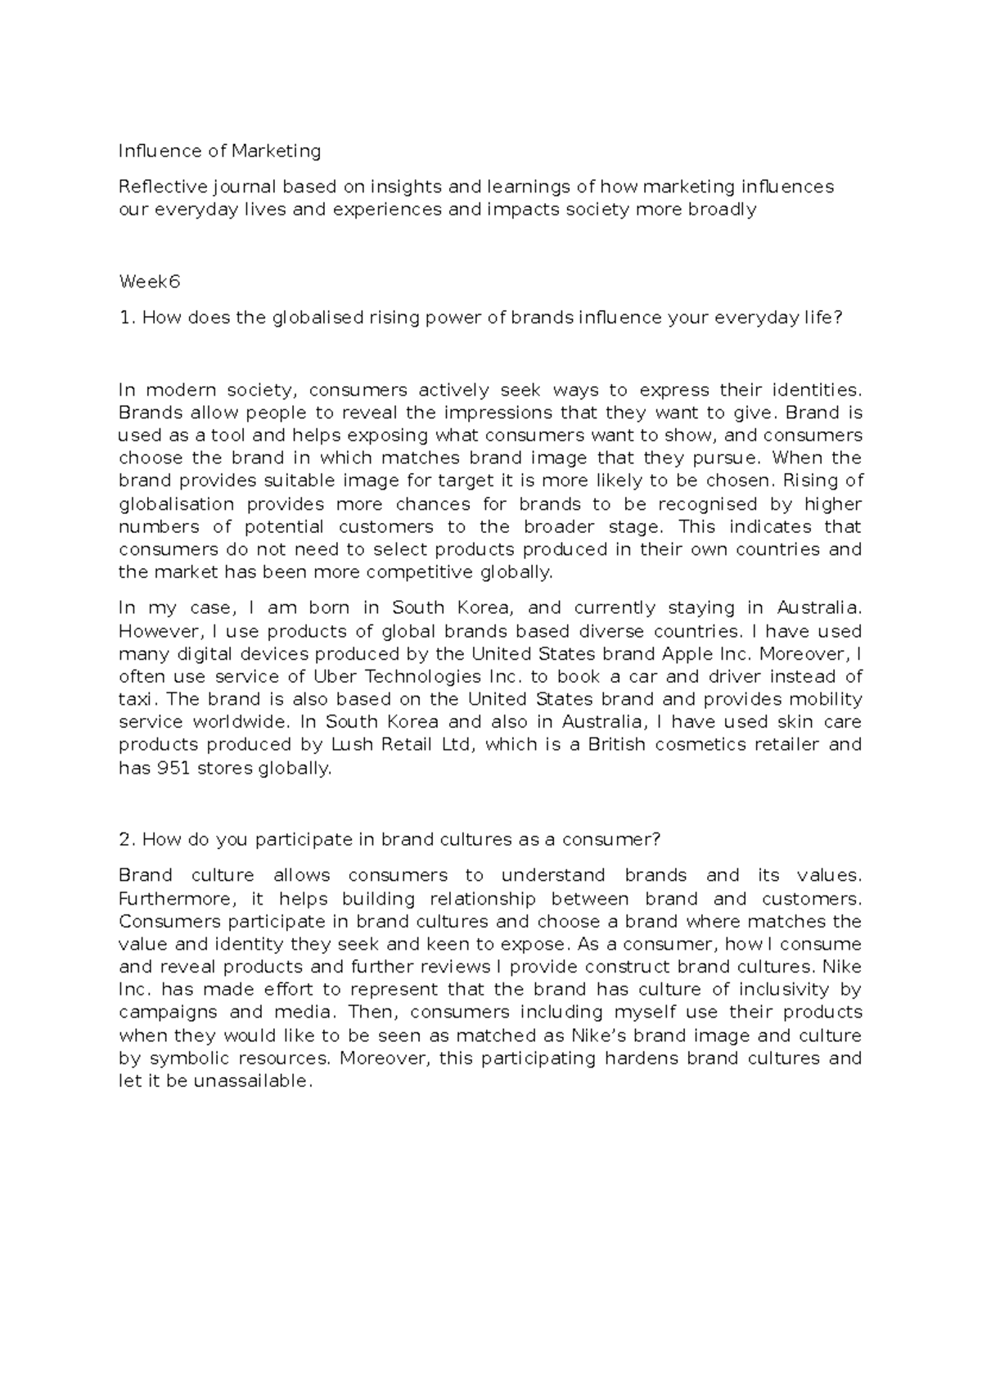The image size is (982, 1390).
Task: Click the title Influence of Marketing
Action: click(219, 151)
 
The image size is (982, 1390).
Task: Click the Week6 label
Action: click(149, 282)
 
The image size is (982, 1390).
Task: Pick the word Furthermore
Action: click(173, 898)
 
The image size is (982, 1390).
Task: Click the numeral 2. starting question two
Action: click(127, 839)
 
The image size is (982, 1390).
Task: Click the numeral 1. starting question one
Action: click(127, 318)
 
